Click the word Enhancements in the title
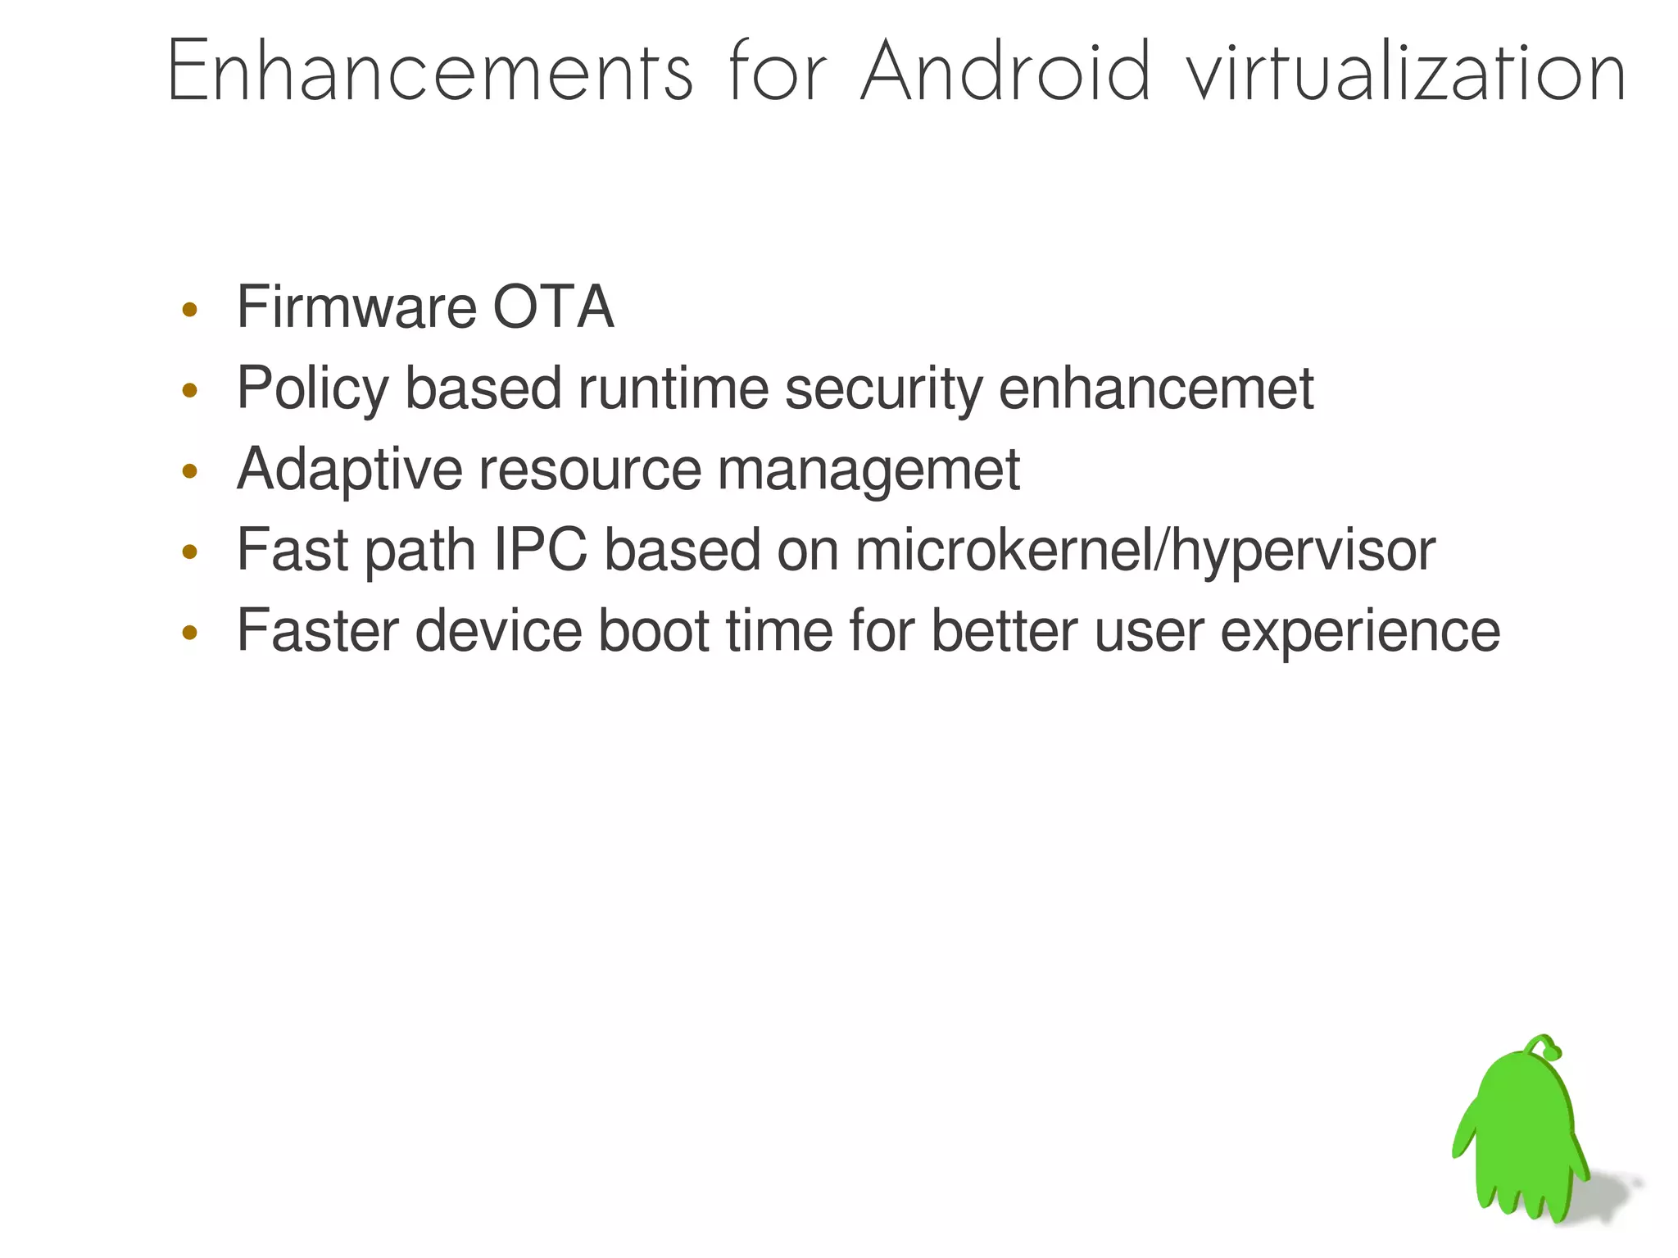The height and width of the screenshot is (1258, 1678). [430, 72]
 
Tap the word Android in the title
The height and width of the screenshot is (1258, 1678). [1006, 72]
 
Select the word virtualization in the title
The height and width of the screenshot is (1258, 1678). [1407, 72]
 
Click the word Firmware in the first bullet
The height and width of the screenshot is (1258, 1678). [356, 307]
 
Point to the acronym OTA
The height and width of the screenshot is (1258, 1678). [553, 307]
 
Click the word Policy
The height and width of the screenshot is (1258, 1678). [312, 388]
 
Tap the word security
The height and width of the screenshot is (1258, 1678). [883, 388]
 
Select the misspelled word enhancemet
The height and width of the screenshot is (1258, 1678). [1156, 388]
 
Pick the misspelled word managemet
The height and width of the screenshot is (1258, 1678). [868, 470]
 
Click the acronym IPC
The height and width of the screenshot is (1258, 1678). [541, 550]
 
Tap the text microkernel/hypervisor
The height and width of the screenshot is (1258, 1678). [1145, 550]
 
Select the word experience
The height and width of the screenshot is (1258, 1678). [1360, 630]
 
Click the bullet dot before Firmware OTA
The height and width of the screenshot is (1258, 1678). [190, 310]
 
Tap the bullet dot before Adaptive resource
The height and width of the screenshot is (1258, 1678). [190, 471]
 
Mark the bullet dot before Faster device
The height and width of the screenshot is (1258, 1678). [190, 632]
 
